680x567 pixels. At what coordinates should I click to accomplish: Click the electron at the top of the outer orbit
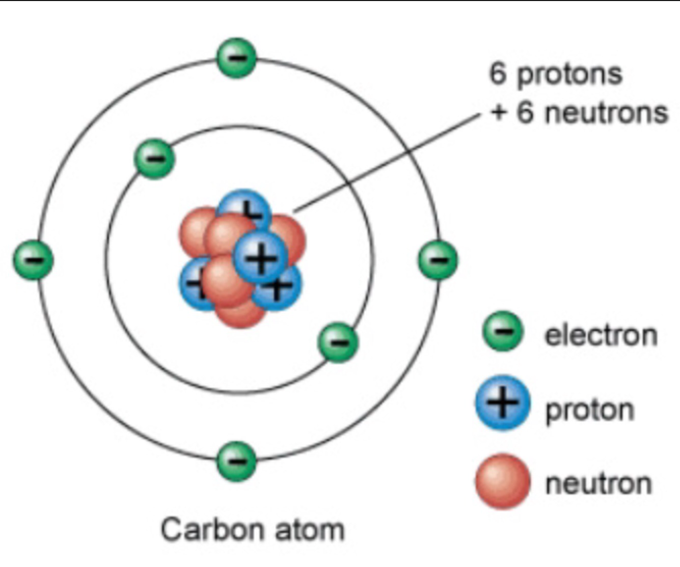click(x=237, y=58)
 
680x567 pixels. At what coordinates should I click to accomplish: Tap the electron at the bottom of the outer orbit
click(x=237, y=461)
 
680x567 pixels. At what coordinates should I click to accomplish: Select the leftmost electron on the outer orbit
click(x=33, y=260)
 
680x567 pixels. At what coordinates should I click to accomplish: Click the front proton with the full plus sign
click(x=260, y=258)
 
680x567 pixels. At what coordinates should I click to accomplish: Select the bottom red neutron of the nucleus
click(x=240, y=311)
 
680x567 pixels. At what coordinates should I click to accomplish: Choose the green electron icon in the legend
click(x=503, y=331)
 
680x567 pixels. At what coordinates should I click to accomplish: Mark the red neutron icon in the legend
click(x=503, y=481)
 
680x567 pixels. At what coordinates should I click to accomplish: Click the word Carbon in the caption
click(x=212, y=529)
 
